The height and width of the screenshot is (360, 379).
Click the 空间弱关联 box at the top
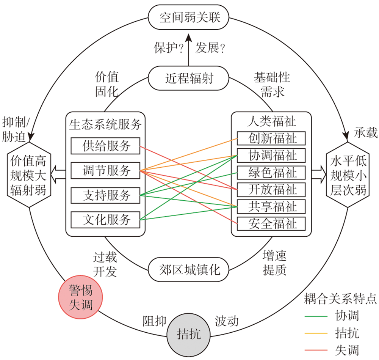pos(189,17)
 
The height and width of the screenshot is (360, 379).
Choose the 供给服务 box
pos(106,146)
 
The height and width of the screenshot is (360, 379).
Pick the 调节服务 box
pos(106,170)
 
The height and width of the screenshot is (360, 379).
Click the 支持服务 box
pos(106,195)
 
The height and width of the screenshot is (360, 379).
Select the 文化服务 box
pos(106,219)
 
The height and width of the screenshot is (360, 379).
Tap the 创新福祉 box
pos(272,138)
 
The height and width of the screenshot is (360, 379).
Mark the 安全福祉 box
pos(272,223)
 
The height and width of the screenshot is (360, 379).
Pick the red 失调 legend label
pos(347,349)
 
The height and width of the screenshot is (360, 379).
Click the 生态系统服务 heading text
pos(105,124)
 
